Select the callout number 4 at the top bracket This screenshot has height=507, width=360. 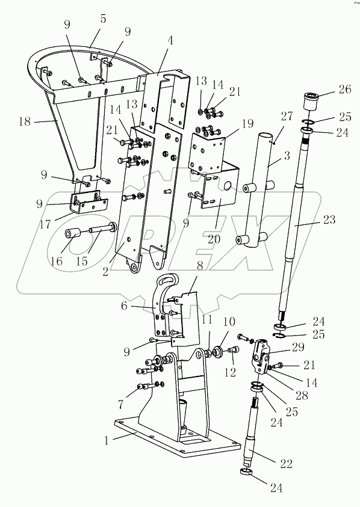(171, 41)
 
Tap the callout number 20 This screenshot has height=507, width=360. (214, 239)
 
